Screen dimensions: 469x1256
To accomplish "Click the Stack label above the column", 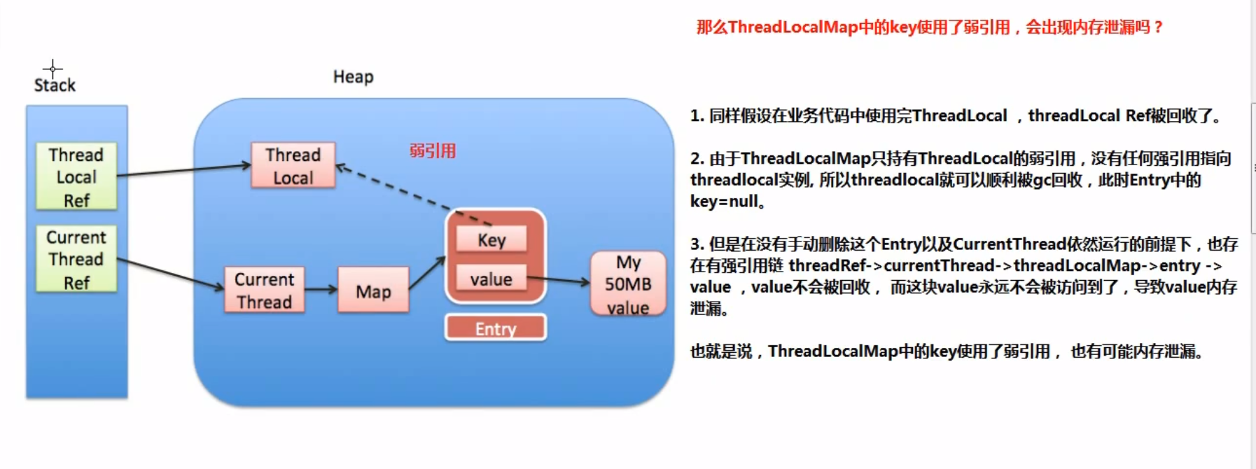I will [x=55, y=85].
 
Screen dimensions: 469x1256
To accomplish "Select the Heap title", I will [x=353, y=77].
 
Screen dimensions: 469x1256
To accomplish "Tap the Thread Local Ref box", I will [x=76, y=177].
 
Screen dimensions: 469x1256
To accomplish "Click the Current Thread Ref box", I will [x=76, y=260].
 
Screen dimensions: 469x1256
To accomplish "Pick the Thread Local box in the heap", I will [x=293, y=166].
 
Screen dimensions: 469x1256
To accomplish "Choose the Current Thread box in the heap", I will [x=264, y=290].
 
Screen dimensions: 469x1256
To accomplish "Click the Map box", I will [x=373, y=291].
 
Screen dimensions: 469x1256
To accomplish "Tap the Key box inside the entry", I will [x=491, y=240].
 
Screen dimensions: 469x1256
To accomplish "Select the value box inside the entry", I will [x=491, y=279].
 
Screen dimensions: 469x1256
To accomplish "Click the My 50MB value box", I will [x=628, y=284].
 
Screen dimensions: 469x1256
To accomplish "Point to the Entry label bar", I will [x=496, y=328].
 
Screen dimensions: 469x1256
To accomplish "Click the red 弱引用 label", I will [x=433, y=151].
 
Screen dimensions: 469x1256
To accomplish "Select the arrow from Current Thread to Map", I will [x=321, y=289].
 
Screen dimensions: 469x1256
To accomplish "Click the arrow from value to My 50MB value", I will [x=559, y=281].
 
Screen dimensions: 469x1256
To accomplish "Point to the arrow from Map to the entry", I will [x=426, y=273].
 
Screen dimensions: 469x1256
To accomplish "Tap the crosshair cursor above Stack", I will [x=53, y=69].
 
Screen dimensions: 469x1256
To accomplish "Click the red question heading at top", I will [x=929, y=27].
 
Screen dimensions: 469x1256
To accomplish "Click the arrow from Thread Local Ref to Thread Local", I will [x=183, y=170].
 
